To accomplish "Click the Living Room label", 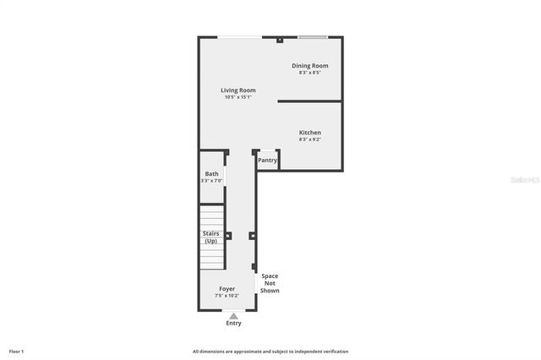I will [x=238, y=90].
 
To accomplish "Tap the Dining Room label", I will [x=309, y=66].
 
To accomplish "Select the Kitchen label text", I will [x=309, y=133].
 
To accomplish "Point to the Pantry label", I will [x=267, y=160].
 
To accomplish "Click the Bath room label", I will [x=211, y=174].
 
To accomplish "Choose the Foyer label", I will [x=227, y=289].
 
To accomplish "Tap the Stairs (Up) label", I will [x=210, y=237].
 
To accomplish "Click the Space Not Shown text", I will [x=270, y=283].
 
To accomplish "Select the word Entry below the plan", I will [x=233, y=324].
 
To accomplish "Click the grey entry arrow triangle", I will [x=233, y=315].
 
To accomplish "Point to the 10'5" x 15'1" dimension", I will [x=238, y=97].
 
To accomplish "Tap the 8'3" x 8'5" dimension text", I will [x=309, y=73].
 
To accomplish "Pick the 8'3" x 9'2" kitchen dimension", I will [x=309, y=139].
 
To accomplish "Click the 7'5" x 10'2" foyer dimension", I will [x=227, y=296].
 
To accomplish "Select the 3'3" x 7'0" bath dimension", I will [x=211, y=181].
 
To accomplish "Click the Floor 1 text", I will [x=16, y=351].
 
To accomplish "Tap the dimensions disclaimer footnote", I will [x=270, y=351].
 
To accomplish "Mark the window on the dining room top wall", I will [x=312, y=37].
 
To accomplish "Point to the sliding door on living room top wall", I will [x=239, y=37].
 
